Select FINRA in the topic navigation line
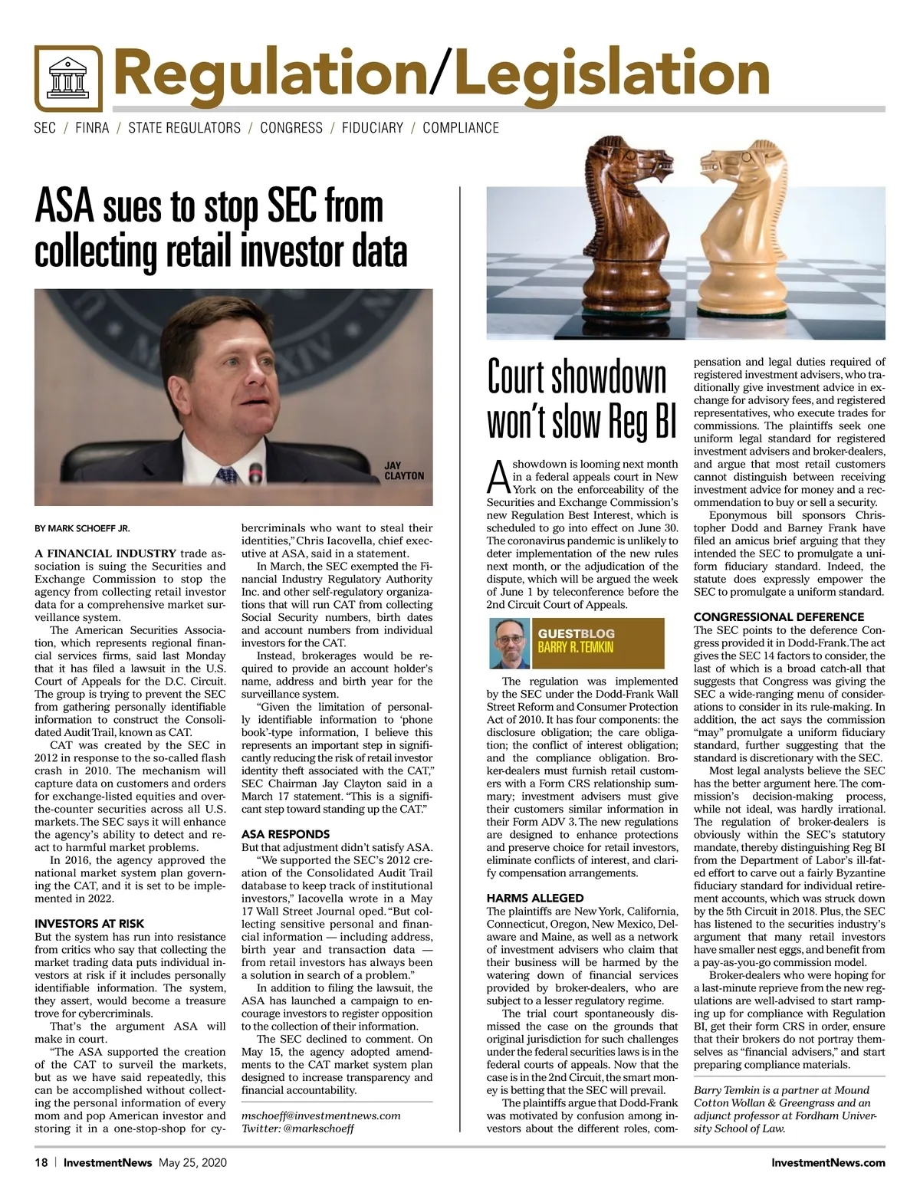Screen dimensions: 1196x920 tap(92, 128)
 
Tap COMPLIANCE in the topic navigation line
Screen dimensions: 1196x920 tap(460, 128)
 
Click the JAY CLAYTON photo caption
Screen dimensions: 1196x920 tap(403, 471)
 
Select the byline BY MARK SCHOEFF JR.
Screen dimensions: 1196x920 tap(82, 528)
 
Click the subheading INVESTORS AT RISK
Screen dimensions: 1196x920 tap(90, 924)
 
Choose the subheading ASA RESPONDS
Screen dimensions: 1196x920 tap(285, 834)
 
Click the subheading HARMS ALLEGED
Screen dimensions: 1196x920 tap(535, 898)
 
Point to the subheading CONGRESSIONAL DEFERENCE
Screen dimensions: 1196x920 tap(778, 617)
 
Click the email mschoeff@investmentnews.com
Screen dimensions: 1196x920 tap(321, 1115)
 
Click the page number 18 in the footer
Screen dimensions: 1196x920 tap(41, 1162)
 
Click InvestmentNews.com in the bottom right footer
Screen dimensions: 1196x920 tap(828, 1162)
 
